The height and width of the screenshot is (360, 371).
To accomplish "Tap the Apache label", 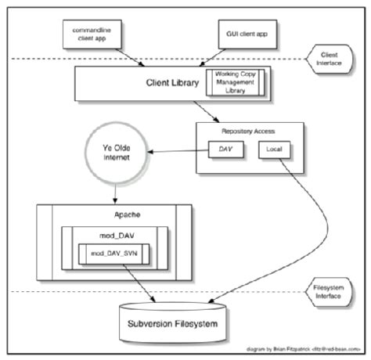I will point(117,214).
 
